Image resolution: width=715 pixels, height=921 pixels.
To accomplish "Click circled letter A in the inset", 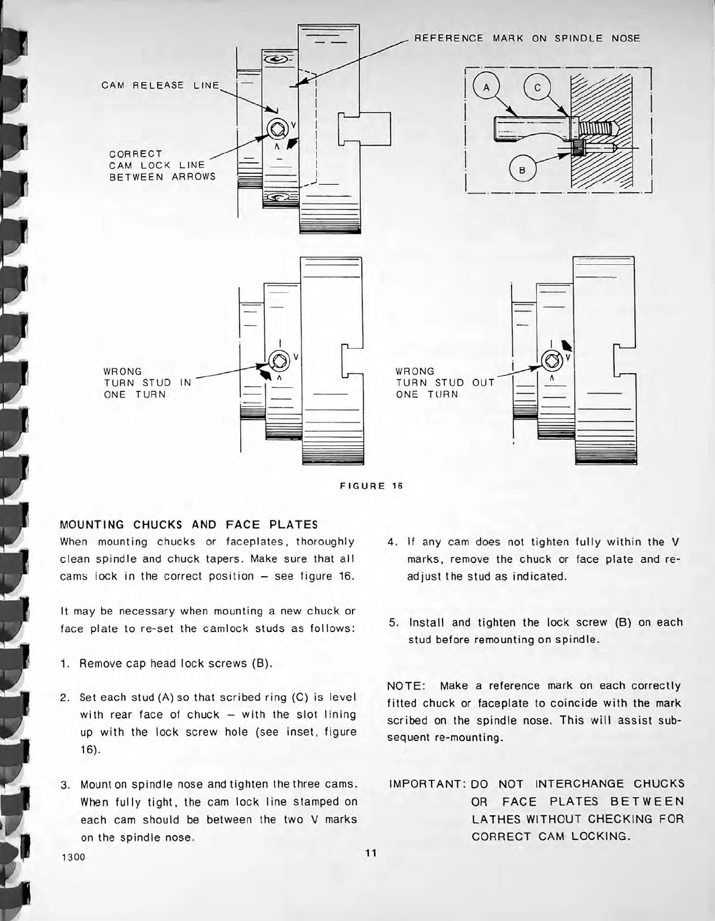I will [x=486, y=88].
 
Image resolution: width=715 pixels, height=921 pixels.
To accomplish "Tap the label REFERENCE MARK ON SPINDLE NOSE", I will [x=527, y=39].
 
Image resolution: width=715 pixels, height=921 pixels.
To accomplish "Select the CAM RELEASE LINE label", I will [x=160, y=85].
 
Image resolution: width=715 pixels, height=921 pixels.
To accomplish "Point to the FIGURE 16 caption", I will [x=371, y=485].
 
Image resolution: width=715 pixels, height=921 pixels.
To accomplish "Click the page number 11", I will [x=370, y=853].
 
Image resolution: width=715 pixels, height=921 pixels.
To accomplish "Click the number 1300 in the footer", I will [x=73, y=857].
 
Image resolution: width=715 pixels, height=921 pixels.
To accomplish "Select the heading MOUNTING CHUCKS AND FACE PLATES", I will [x=189, y=524].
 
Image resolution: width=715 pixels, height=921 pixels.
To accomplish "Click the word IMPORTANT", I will [x=427, y=784].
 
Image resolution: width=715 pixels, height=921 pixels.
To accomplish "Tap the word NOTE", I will [x=406, y=686].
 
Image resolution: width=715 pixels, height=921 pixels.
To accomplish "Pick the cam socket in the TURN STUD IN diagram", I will [x=279, y=361].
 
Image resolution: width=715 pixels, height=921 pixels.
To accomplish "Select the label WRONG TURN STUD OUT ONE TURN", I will [x=444, y=383].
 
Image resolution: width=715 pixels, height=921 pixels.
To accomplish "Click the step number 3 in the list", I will [x=65, y=785].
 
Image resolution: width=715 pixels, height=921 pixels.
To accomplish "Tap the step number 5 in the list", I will [x=394, y=623].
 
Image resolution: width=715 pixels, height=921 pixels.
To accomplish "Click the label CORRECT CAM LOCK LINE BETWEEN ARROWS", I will [x=162, y=165].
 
